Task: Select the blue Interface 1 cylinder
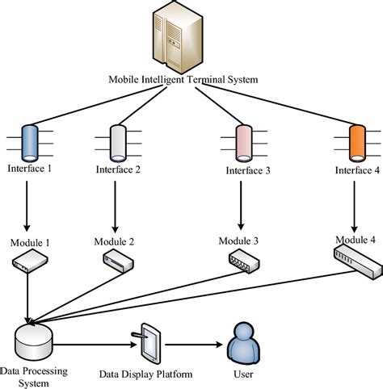tap(30, 140)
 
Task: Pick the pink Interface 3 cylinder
tap(242, 141)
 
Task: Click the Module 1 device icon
tap(28, 260)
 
